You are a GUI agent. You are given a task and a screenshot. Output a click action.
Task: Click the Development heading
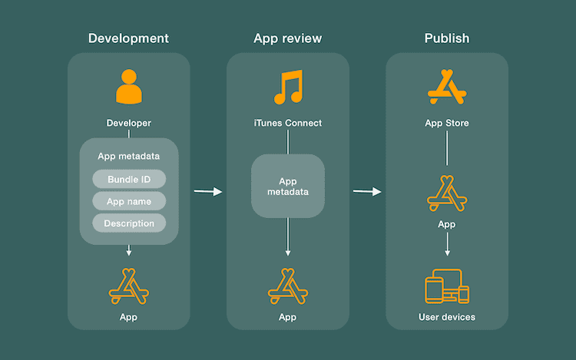click(x=128, y=38)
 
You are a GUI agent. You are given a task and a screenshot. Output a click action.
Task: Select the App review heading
click(x=287, y=38)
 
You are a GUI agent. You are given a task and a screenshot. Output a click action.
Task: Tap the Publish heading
click(x=446, y=38)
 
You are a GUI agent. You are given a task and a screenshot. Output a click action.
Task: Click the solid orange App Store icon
click(x=446, y=87)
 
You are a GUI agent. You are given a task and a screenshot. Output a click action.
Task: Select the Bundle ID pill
click(x=129, y=180)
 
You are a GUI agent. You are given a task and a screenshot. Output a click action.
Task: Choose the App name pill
click(x=129, y=202)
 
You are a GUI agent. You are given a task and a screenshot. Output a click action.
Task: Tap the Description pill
click(x=129, y=223)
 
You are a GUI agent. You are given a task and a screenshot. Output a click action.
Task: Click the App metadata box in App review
click(x=288, y=187)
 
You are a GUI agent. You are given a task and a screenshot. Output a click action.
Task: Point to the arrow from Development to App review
click(x=207, y=191)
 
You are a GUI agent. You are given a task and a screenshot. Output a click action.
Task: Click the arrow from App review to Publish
click(x=367, y=191)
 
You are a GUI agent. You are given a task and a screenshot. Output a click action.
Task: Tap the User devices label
click(x=446, y=317)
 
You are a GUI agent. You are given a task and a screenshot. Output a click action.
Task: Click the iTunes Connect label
click(x=288, y=123)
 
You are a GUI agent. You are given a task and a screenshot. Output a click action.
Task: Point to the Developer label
click(x=129, y=123)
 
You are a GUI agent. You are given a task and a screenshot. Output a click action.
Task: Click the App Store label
click(x=446, y=123)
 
